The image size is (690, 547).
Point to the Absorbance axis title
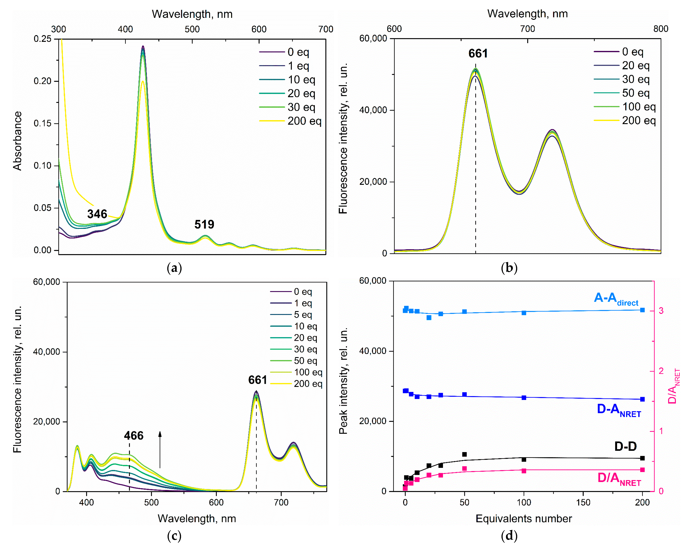17,141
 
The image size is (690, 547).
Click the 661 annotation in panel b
478,54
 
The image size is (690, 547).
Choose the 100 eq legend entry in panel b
638,107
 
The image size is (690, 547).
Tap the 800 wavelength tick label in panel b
661,29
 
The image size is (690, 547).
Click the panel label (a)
174,268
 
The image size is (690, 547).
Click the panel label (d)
509,535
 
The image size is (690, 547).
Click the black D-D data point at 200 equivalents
642,458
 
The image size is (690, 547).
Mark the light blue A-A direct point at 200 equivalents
642,310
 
